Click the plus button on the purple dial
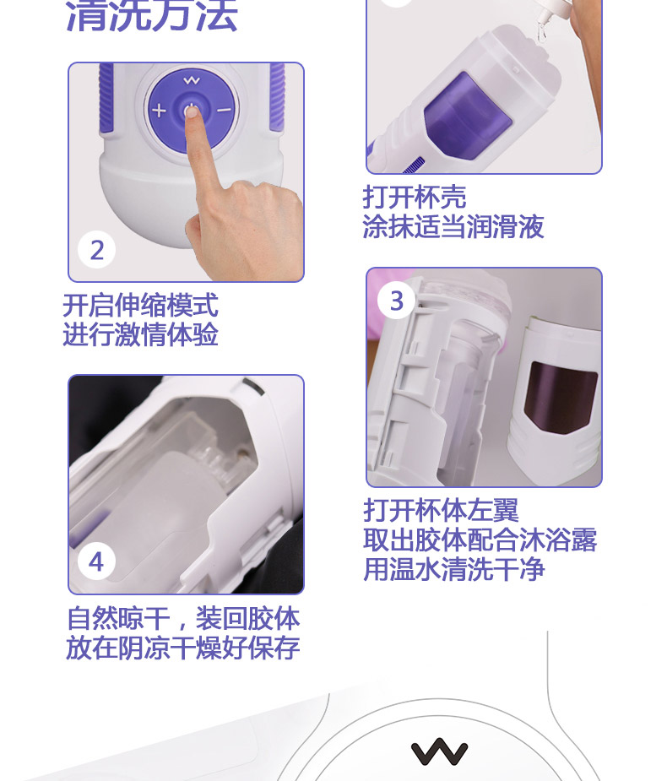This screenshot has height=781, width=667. tap(159, 110)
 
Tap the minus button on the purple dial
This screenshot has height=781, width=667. tap(224, 110)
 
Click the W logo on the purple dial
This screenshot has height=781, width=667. tap(192, 80)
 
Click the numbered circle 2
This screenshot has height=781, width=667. tap(96, 250)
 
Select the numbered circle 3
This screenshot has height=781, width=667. tap(396, 301)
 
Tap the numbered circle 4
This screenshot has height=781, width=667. tap(96, 561)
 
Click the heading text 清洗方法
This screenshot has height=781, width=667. tap(151, 16)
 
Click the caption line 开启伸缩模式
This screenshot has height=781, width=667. tap(140, 305)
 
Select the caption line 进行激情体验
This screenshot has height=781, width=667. tap(140, 334)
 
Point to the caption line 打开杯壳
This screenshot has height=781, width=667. tap(415, 197)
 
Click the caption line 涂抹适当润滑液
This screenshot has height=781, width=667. tap(453, 226)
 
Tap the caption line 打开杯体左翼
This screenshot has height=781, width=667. tap(441, 510)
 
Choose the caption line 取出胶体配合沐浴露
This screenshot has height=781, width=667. tap(480, 540)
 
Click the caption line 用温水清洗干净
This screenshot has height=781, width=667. tap(453, 569)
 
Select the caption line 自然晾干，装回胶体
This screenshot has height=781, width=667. tap(183, 618)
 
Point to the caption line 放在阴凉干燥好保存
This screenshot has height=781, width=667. tap(183, 648)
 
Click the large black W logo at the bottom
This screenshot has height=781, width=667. tap(439, 751)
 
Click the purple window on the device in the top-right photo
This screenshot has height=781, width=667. tap(467, 115)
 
